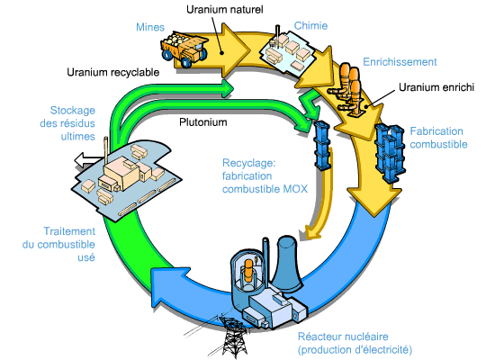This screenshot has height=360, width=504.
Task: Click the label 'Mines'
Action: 150,27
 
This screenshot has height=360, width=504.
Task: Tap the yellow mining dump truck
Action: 184,49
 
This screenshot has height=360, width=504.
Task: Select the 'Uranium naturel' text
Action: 225,9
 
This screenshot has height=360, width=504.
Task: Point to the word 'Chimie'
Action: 310,25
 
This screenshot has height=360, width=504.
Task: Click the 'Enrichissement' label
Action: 400,62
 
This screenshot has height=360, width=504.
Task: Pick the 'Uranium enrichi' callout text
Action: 436,87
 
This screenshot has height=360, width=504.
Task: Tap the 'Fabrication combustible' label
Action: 439,138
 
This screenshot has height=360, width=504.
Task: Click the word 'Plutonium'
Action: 203,122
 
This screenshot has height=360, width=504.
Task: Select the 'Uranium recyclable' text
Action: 113,72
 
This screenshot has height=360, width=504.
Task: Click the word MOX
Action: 295,189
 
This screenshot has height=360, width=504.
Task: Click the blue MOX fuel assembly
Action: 322,145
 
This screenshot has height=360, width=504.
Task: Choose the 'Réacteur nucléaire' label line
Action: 343,337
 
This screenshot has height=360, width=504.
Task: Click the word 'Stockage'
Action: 73,110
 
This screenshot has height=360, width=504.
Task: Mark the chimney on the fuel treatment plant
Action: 106,150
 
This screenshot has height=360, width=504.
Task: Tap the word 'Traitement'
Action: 69,231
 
